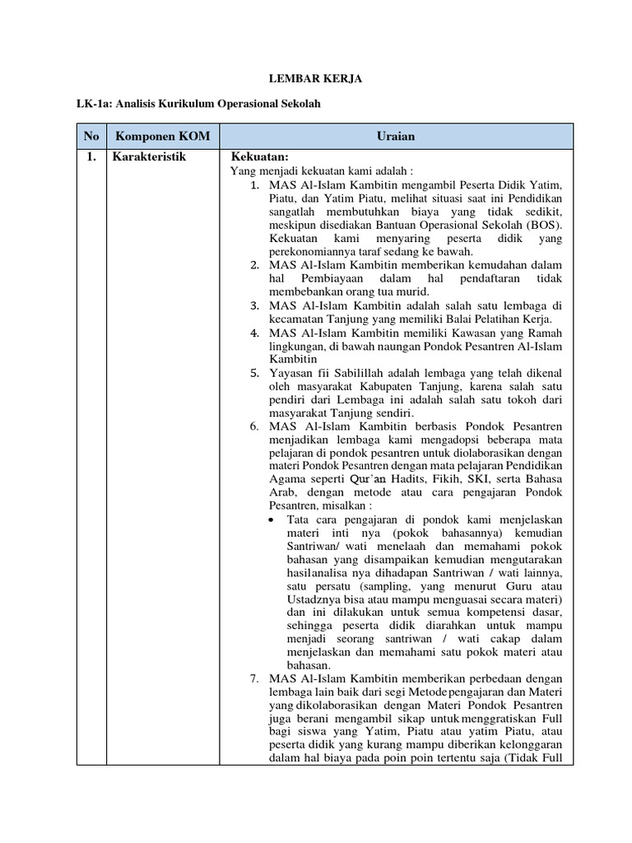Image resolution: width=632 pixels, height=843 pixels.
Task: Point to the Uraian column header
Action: (x=397, y=135)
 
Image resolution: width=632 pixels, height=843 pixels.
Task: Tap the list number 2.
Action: (x=255, y=265)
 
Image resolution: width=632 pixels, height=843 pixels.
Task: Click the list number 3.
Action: (x=255, y=305)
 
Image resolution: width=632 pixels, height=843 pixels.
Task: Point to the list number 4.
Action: (x=255, y=332)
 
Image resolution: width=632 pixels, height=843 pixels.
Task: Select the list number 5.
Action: (x=255, y=372)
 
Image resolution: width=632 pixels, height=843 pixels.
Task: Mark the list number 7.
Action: (x=255, y=678)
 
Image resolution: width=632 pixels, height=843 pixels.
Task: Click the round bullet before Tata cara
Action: (x=274, y=519)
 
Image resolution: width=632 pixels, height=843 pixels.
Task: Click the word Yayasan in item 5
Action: (x=289, y=372)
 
